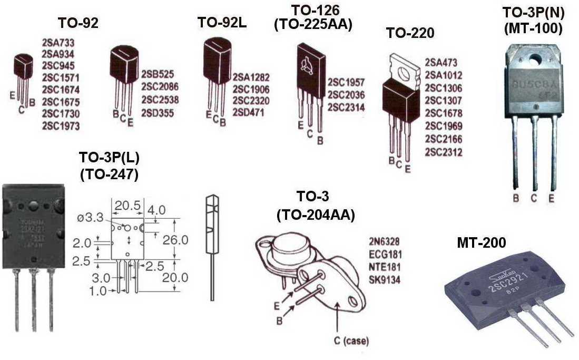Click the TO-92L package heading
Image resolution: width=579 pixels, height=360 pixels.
[218, 23]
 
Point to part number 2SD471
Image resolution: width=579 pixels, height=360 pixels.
[250, 112]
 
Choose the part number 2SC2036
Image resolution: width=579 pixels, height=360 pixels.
[346, 95]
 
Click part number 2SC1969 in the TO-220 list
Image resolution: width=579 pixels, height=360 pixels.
[443, 127]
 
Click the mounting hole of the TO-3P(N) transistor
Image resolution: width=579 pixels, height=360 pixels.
[535, 61]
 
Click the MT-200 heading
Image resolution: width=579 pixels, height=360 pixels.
[482, 243]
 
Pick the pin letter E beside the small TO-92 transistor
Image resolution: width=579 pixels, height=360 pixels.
[12, 95]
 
